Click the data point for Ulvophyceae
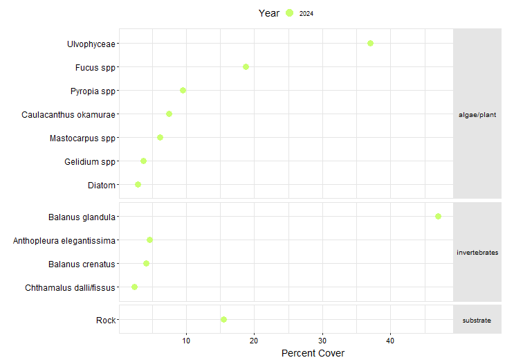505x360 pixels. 370,43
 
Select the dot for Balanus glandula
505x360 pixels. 438,216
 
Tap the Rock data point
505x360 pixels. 223,319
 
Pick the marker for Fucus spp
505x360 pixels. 246,66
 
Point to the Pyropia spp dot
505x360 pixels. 183,90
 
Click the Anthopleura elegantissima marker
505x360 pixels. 149,240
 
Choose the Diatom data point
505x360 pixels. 138,184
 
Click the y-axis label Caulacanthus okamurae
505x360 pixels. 68,114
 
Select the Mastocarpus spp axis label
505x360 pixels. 82,138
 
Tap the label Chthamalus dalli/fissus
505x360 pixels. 70,287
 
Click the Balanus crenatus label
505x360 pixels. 82,264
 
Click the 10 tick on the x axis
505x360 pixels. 186,341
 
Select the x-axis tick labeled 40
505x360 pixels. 390,341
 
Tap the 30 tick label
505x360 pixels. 322,341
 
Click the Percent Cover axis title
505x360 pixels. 313,353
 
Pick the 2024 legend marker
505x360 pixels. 290,13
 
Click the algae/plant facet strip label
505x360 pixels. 477,114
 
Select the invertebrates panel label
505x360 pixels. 477,252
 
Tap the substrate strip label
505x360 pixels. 477,320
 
